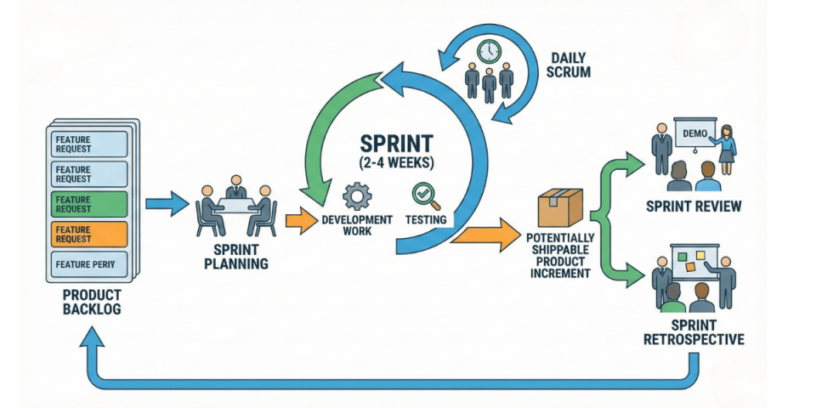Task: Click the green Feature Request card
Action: [x=90, y=204]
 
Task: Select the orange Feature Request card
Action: [x=90, y=234]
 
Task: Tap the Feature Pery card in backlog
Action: [x=90, y=264]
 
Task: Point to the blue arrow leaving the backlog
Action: [x=167, y=204]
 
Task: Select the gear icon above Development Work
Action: [x=356, y=196]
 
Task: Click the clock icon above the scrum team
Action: [x=490, y=52]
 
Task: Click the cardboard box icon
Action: [x=559, y=208]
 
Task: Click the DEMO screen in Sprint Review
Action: [x=695, y=133]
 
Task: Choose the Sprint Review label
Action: [x=694, y=206]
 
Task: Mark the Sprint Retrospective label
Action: [x=694, y=333]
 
